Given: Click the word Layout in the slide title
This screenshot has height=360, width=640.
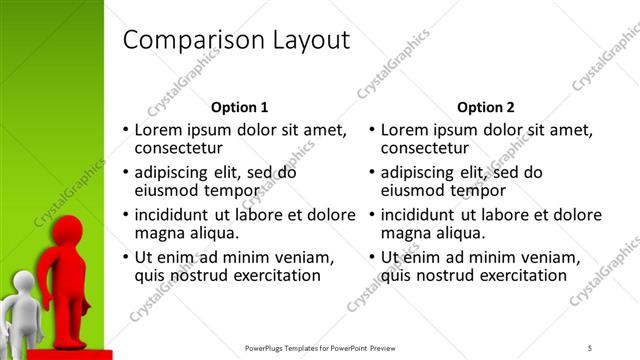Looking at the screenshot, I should coord(309,40).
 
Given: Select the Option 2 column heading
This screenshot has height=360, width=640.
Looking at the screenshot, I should coord(485,107).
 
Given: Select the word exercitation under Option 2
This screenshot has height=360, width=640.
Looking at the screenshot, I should coord(518,275).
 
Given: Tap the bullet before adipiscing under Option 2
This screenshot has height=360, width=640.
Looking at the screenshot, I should coord(371,173).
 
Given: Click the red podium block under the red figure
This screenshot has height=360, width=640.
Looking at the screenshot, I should coord(70,354).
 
